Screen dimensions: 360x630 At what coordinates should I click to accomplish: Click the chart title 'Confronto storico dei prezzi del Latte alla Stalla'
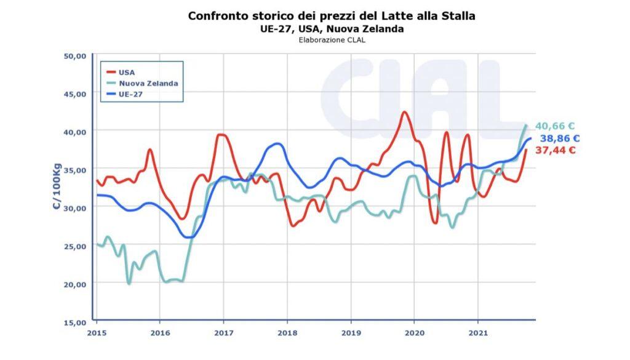pyautogui.click(x=331, y=16)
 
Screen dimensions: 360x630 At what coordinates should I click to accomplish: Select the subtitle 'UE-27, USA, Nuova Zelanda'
pyautogui.click(x=331, y=29)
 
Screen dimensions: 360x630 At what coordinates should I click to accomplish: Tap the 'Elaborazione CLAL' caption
pyautogui.click(x=331, y=41)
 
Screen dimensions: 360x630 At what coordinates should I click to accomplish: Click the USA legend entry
pyautogui.click(x=126, y=72)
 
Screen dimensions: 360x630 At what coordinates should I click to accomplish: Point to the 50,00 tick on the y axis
pyautogui.click(x=76, y=55)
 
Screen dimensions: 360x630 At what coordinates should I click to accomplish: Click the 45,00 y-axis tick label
pyautogui.click(x=76, y=94)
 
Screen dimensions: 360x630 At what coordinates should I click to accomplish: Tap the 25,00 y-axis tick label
pyautogui.click(x=76, y=246)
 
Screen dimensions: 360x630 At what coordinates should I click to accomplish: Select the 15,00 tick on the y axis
pyautogui.click(x=76, y=321)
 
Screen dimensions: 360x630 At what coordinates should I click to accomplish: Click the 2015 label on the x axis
pyautogui.click(x=97, y=333)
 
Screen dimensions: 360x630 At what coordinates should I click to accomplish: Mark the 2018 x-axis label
pyautogui.click(x=287, y=333)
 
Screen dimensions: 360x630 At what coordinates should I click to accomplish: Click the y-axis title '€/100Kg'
pyautogui.click(x=57, y=187)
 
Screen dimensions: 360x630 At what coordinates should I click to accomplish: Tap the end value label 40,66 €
pyautogui.click(x=555, y=126)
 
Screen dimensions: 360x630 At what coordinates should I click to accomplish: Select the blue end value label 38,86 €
pyautogui.click(x=559, y=138)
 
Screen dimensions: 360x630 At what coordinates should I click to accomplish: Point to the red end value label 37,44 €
pyautogui.click(x=555, y=150)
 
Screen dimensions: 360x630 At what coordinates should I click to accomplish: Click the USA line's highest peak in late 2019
pyautogui.click(x=404, y=112)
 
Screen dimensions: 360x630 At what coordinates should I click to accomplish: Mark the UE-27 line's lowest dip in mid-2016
pyautogui.click(x=189, y=237)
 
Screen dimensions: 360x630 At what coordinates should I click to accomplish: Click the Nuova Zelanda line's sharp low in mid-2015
pyautogui.click(x=129, y=283)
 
